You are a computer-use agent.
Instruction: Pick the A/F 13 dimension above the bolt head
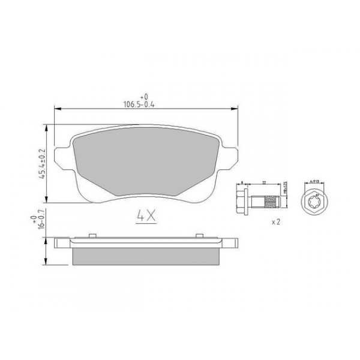[x=315, y=181]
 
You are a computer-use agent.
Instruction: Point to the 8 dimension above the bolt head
[x=241, y=182]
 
